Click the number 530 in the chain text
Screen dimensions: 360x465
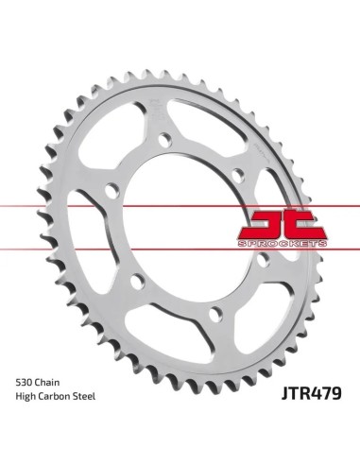tap(24, 383)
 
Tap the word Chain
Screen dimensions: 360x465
tap(47, 383)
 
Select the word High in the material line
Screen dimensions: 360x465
tap(26, 396)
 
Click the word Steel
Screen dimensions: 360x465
tap(84, 396)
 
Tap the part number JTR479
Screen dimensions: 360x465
tap(311, 393)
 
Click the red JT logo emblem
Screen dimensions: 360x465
tap(283, 224)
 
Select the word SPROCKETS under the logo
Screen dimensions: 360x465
tap(283, 244)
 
